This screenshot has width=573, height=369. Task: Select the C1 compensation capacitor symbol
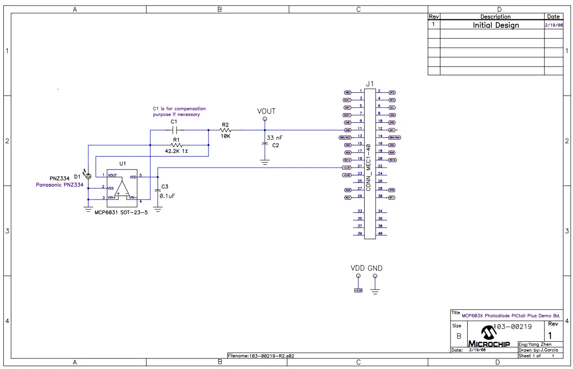tap(174, 130)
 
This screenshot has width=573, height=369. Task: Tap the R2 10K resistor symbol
tap(226, 130)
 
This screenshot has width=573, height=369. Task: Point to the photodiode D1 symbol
tap(88, 176)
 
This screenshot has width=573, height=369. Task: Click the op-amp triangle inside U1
tap(122, 189)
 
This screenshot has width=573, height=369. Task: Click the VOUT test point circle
tap(265, 119)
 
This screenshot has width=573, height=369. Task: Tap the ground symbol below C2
tap(264, 162)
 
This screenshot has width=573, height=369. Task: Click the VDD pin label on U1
tap(133, 177)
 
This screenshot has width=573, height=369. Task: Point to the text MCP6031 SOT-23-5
tap(121, 213)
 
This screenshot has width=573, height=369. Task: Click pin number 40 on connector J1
tap(380, 234)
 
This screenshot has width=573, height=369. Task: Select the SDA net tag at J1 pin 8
tap(392, 115)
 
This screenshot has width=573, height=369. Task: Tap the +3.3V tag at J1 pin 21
tap(346, 167)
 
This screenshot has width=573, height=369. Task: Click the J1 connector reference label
tap(370, 84)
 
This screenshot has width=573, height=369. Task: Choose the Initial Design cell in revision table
tap(495, 25)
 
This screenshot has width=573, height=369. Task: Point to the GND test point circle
tap(375, 276)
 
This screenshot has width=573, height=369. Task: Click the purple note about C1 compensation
tap(179, 111)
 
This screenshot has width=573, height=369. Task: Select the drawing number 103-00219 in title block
tap(512, 327)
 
